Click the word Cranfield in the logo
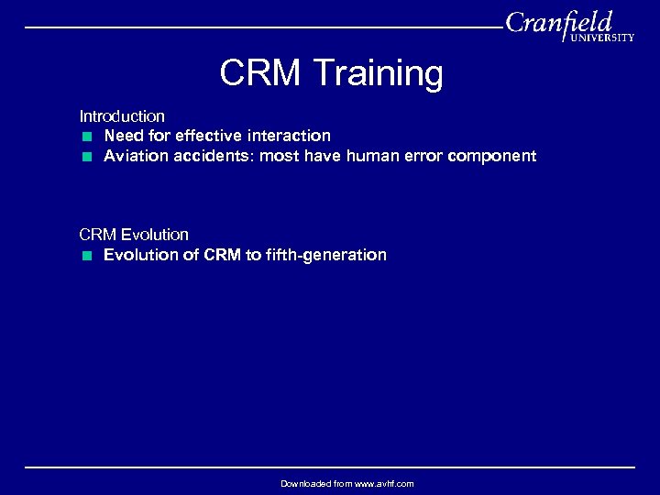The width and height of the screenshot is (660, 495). click(558, 22)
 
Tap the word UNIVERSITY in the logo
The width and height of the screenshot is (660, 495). click(601, 38)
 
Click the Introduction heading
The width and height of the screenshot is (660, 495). click(122, 116)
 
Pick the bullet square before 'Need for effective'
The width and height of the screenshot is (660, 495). click(85, 137)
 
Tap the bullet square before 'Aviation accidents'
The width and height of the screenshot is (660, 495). click(85, 157)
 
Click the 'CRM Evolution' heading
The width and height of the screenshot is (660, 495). click(134, 235)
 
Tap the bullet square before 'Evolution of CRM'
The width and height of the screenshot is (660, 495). click(85, 256)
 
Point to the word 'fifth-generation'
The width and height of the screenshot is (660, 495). click(328, 255)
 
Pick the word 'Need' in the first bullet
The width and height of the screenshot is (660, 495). click(124, 136)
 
